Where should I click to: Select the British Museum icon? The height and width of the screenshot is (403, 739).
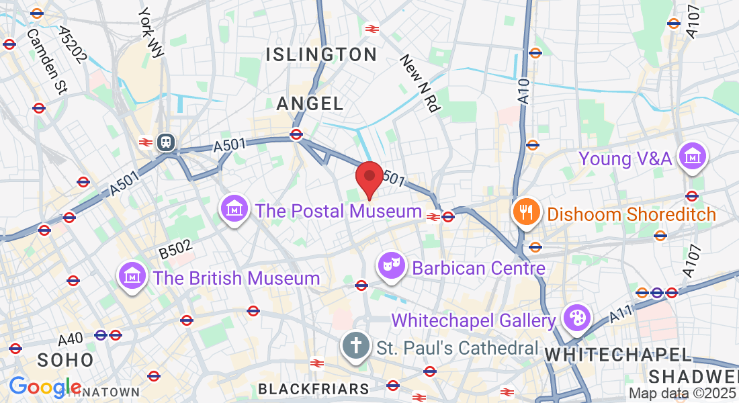pos(133,275)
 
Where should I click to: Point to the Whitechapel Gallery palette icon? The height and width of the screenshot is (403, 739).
pos(575,318)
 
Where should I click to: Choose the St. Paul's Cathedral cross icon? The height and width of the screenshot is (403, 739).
pos(356,346)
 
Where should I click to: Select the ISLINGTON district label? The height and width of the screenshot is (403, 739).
pos(322,55)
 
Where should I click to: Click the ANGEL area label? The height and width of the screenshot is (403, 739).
pos(310,103)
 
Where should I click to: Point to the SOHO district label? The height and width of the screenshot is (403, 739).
pos(65,360)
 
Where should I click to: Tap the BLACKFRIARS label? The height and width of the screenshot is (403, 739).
pos(314,389)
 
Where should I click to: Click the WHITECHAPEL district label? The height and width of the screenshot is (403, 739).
pos(618,354)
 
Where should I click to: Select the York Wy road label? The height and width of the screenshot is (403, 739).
pos(150,32)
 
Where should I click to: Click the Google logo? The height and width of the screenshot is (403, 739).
pos(44,386)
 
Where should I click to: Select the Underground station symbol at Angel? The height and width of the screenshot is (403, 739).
pos(296,134)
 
